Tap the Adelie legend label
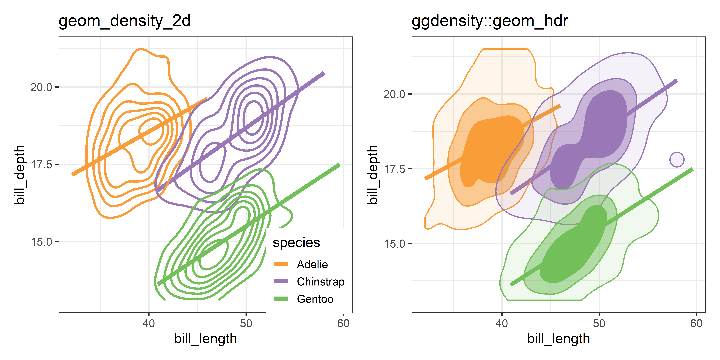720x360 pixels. (312, 264)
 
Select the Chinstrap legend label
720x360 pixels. (321, 282)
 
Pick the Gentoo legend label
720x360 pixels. (315, 299)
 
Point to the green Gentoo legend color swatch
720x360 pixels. (281, 299)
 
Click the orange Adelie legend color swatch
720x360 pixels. (281, 264)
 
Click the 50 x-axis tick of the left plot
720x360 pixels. (246, 324)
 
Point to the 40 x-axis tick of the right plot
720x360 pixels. (502, 324)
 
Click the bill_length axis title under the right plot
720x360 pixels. (558, 339)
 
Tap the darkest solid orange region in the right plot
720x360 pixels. (486, 151)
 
